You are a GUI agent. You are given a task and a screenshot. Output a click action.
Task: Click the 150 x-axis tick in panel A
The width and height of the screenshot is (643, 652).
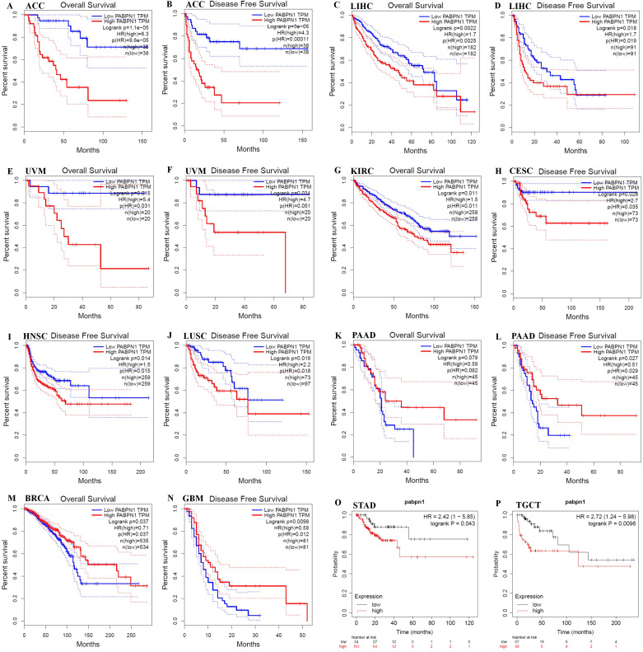point(125,141)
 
